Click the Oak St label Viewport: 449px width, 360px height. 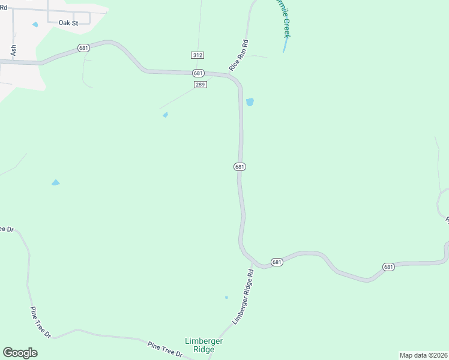tap(68, 23)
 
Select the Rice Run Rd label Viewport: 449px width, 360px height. tap(238, 56)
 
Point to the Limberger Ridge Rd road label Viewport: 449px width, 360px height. tap(243, 296)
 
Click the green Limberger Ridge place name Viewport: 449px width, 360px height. tap(204, 345)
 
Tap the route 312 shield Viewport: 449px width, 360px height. tap(198, 55)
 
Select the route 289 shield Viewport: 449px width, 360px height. tap(200, 85)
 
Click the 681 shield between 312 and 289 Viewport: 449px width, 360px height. tap(199, 73)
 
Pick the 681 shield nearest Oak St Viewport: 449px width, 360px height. tap(83, 48)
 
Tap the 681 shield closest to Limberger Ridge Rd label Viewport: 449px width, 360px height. tap(276, 262)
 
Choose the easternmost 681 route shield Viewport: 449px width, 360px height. tap(388, 267)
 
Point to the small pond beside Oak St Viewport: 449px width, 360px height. tap(35, 25)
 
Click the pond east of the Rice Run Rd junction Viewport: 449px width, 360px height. tap(250, 102)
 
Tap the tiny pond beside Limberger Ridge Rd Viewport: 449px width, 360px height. tap(226, 297)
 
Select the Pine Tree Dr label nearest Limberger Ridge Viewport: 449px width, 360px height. tap(165, 349)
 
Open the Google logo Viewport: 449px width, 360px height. tap(20, 353)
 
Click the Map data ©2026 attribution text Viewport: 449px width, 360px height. tap(423, 355)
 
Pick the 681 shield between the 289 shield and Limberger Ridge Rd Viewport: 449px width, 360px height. tap(240, 167)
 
